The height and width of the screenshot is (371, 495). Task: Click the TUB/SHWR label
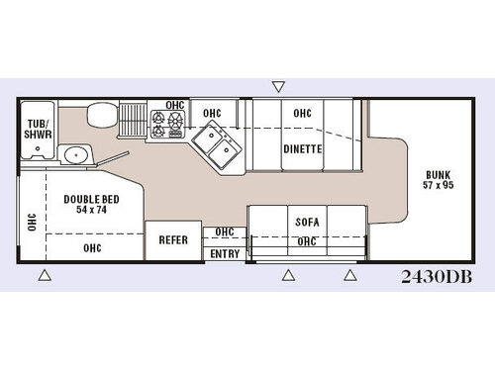pyautogui.click(x=39, y=129)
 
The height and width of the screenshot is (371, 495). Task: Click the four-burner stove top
pyautogui.click(x=167, y=124)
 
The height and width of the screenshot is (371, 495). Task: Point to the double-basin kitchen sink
pyautogui.click(x=216, y=147)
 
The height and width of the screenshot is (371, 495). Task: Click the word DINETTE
pyautogui.click(x=303, y=149)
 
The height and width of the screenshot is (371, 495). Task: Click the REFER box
pyautogui.click(x=172, y=239)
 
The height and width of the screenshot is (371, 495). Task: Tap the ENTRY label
pyautogui.click(x=225, y=253)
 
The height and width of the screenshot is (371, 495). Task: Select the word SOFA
pyautogui.click(x=306, y=222)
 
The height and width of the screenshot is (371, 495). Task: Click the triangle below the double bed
pyautogui.click(x=44, y=275)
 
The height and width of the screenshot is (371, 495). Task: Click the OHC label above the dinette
pyautogui.click(x=302, y=113)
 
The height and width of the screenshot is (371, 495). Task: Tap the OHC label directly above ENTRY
pyautogui.click(x=225, y=232)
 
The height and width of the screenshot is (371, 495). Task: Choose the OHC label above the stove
pyautogui.click(x=174, y=105)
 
